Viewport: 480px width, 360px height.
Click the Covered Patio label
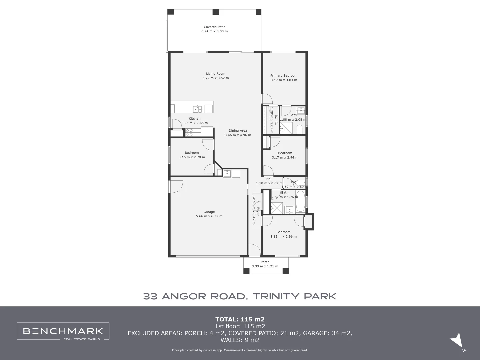pos(214,27)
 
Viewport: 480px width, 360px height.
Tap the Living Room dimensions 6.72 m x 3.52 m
pos(215,78)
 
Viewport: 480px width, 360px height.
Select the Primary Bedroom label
pos(284,76)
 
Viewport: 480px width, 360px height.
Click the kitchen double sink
pos(197,109)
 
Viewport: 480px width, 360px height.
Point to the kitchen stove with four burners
pos(189,132)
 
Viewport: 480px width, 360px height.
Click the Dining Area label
pos(238,131)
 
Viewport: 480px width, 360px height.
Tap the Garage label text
pos(209,212)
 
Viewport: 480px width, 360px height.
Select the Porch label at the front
pos(265,262)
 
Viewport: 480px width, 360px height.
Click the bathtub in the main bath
pos(300,201)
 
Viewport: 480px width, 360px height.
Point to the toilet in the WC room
pos(301,182)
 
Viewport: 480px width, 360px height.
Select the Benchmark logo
pos(63,331)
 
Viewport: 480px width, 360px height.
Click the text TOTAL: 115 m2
pos(240,319)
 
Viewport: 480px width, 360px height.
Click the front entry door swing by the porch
pos(254,250)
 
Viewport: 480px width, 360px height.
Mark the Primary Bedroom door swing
pos(267,99)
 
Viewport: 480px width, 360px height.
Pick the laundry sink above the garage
pos(227,173)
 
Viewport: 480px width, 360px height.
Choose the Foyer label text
pos(258,211)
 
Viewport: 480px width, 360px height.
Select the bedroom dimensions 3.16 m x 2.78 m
pos(192,157)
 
